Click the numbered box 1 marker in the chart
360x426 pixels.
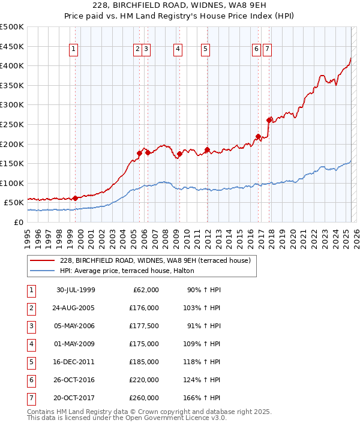click(x=73, y=50)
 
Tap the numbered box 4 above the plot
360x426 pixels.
click(x=178, y=50)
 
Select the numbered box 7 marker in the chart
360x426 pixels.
click(x=267, y=50)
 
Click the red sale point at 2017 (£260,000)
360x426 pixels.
click(x=269, y=119)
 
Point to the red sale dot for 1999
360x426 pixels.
click(x=75, y=198)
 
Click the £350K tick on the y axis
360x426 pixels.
click(x=12, y=86)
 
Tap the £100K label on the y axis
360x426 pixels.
click(x=12, y=183)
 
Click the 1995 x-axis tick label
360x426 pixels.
click(x=28, y=237)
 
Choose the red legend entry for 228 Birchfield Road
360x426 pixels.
click(x=158, y=260)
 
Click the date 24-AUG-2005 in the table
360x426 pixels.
click(x=76, y=308)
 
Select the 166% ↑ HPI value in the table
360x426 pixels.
click(x=204, y=397)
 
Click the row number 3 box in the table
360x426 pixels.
click(x=31, y=326)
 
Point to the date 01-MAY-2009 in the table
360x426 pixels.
click(x=76, y=344)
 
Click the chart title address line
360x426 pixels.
click(x=180, y=5)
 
